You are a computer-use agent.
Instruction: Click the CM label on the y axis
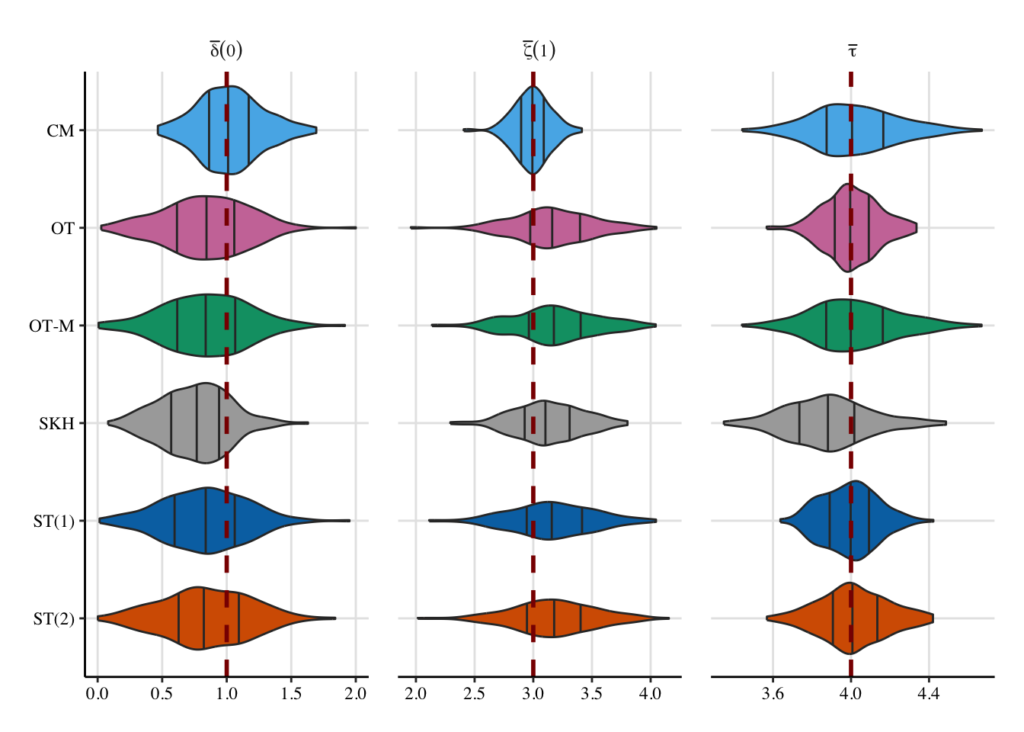pyautogui.click(x=60, y=131)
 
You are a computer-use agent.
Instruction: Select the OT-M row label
pyautogui.click(x=52, y=326)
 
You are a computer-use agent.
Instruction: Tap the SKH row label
pyautogui.click(x=56, y=424)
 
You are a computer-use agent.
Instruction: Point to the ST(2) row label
pyautogui.click(x=53, y=619)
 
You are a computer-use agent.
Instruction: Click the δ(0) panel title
pyautogui.click(x=226, y=50)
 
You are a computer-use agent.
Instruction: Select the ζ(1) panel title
pyautogui.click(x=539, y=50)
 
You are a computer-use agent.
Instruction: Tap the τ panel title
pyautogui.click(x=853, y=51)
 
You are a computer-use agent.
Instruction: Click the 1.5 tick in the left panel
pyautogui.click(x=291, y=694)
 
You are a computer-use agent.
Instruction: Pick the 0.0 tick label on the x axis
pyautogui.click(x=97, y=694)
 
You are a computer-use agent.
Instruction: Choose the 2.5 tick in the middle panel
pyautogui.click(x=474, y=694)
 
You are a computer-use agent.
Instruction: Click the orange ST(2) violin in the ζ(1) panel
pyautogui.click(x=564, y=618)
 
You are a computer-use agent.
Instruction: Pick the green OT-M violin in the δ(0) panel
pyautogui.click(x=190, y=326)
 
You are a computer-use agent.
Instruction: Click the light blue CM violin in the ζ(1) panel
pyautogui.click(x=526, y=130)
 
